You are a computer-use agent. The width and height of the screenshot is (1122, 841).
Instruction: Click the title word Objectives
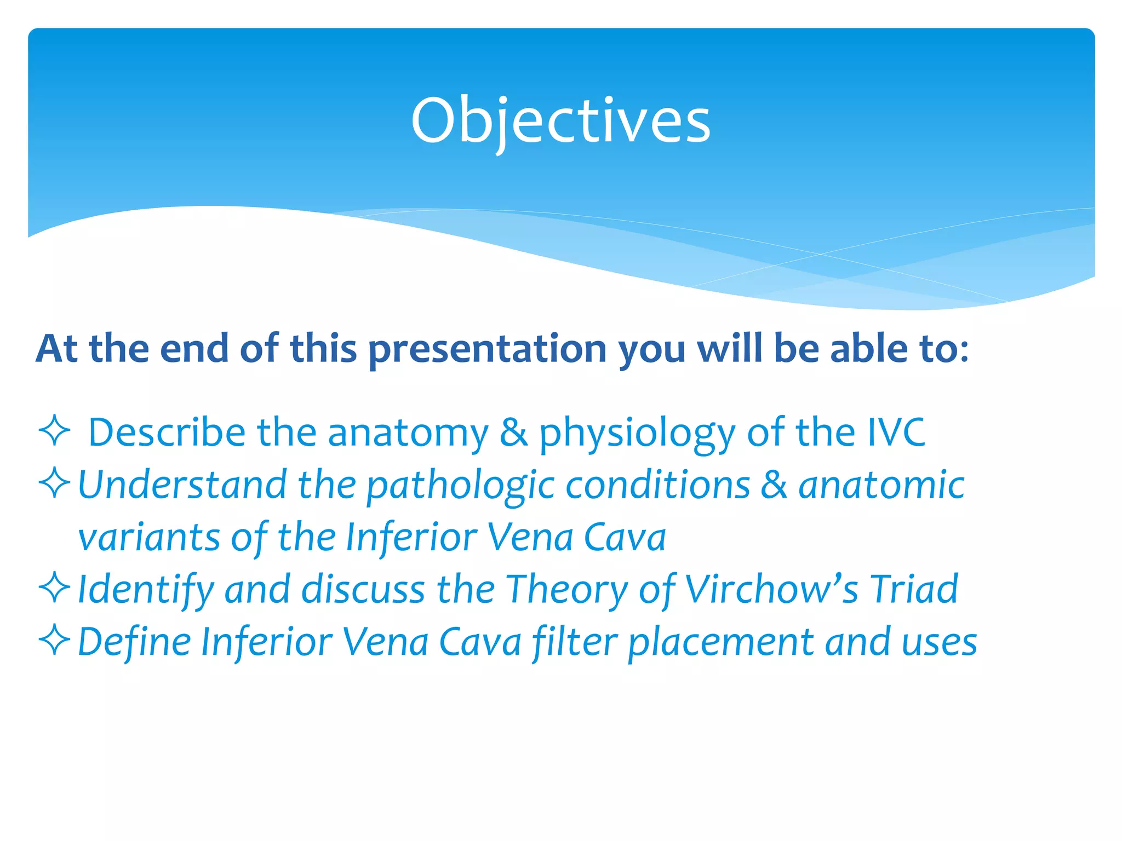(x=560, y=120)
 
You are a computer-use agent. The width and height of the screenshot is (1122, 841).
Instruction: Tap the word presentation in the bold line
(x=487, y=349)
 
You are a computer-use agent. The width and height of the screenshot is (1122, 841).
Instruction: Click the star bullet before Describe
(x=55, y=431)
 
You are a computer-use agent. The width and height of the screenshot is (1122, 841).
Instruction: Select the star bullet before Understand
(x=55, y=483)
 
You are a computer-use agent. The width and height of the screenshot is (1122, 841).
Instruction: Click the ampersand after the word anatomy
(x=513, y=433)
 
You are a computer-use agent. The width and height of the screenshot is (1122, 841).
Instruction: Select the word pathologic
(x=460, y=486)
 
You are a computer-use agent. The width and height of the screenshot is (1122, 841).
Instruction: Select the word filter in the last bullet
(x=575, y=642)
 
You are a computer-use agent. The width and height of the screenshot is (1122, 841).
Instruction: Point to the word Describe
(x=167, y=433)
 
